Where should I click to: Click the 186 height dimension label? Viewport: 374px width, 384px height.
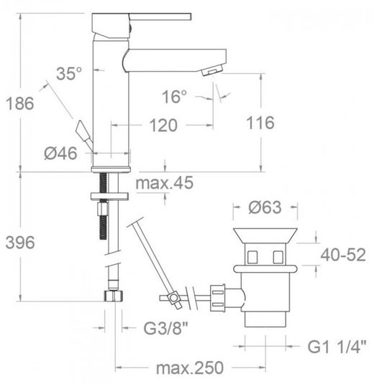tap(20, 103)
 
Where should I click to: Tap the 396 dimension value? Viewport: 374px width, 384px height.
tap(20, 243)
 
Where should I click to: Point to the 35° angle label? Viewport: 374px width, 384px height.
tap(69, 73)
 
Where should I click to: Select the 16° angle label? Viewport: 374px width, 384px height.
tap(174, 96)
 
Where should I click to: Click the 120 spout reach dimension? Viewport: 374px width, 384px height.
tap(163, 126)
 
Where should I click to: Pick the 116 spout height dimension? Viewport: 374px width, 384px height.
tap(260, 123)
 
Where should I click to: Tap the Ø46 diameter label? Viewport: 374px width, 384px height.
tap(60, 154)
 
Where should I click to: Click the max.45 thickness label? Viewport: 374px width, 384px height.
tap(165, 183)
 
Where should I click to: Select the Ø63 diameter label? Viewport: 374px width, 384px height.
tap(265, 207)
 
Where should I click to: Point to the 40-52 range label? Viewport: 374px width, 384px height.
tap(343, 255)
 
